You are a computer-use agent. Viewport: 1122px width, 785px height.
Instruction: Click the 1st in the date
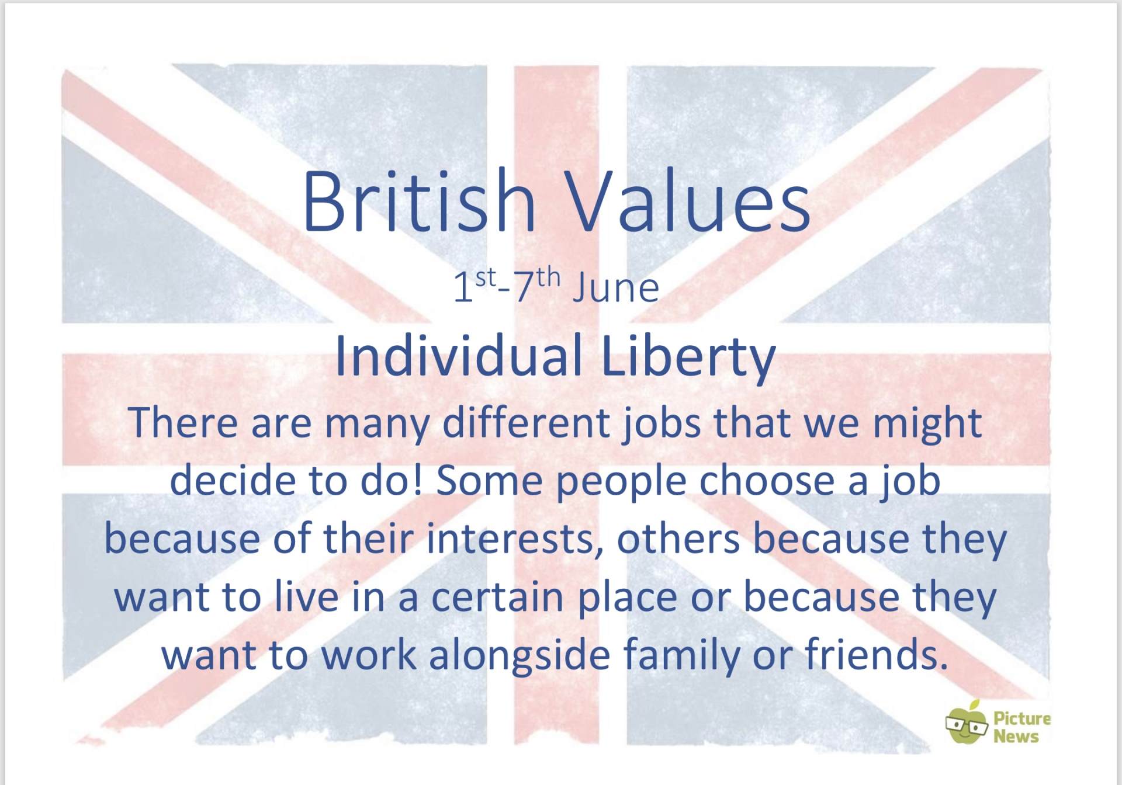click(x=475, y=286)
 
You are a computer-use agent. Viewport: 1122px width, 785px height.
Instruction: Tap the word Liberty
click(x=688, y=357)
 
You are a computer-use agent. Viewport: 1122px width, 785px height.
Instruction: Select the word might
click(x=927, y=424)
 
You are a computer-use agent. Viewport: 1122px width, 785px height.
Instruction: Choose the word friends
click(x=876, y=654)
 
